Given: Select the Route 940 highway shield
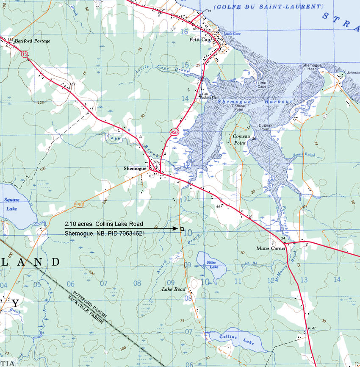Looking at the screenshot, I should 79,204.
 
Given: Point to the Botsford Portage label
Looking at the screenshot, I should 32,41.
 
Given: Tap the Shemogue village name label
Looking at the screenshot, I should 135,168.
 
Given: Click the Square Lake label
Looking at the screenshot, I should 9,204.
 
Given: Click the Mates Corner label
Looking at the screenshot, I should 271,248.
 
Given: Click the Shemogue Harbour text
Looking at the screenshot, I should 255,102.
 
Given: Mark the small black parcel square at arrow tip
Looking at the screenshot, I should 182,229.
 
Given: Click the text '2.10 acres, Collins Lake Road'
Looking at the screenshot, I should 104,224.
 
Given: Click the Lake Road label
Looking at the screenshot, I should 174,289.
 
